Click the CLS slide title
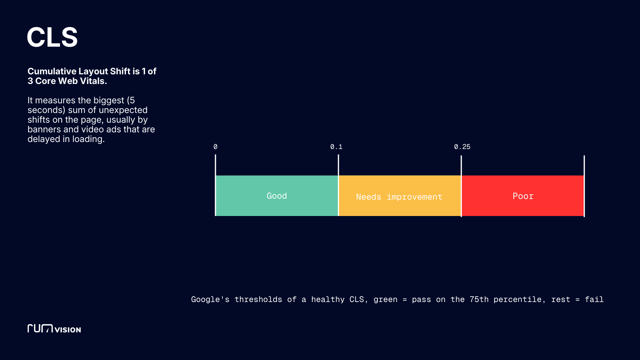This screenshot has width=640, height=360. pyautogui.click(x=52, y=37)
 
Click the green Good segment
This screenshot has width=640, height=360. pyautogui.click(x=277, y=196)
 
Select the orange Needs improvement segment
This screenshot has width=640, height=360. pyautogui.click(x=399, y=197)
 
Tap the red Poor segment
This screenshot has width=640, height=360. pyautogui.click(x=523, y=196)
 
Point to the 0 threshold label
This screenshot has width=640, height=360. pyautogui.click(x=215, y=147)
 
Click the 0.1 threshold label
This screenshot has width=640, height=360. pyautogui.click(x=336, y=147)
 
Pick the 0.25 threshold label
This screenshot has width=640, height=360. pyautogui.click(x=462, y=147)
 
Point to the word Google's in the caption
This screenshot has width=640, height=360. pyautogui.click(x=210, y=299)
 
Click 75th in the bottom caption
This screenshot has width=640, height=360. pyautogui.click(x=479, y=299)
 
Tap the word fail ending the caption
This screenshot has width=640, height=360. pyautogui.click(x=594, y=299)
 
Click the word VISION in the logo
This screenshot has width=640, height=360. pyautogui.click(x=68, y=330)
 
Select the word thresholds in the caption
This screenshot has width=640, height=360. pyautogui.click(x=258, y=299)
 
